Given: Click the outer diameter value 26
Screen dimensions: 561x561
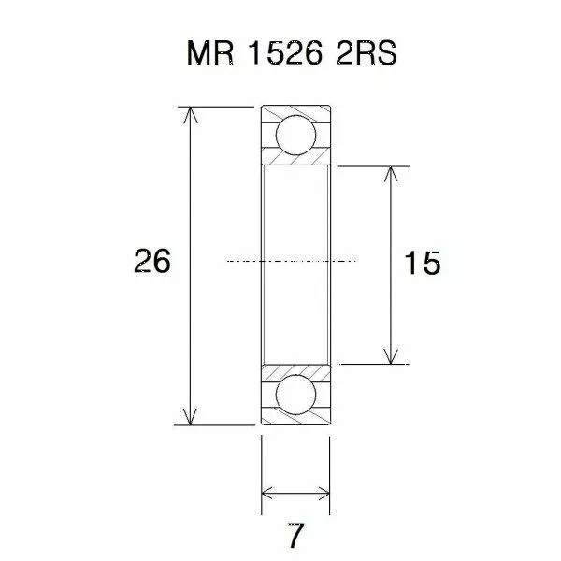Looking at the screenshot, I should (151, 263).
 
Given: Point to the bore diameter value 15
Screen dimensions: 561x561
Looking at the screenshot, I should (424, 264).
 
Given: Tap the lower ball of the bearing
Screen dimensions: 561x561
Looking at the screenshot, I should (295, 393).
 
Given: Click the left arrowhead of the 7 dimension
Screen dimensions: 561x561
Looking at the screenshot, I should (267, 494).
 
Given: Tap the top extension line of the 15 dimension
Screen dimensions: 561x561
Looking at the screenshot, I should (374, 166).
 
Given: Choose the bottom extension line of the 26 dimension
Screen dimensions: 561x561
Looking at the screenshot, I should (215, 424).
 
